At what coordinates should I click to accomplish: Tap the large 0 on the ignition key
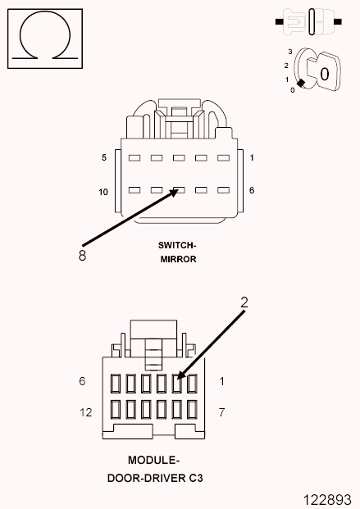point(324,74)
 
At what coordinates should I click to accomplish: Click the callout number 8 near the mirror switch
point(82,256)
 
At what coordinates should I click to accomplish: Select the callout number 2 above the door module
point(244,302)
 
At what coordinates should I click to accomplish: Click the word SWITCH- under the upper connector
point(177,245)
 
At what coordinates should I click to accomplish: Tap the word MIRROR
point(179,259)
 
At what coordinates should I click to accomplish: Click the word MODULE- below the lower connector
point(153,461)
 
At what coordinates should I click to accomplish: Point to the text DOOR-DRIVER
point(147,478)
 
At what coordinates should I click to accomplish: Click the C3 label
point(196,478)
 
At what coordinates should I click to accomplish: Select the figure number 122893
point(327,500)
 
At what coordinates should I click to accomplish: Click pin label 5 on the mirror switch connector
point(104,157)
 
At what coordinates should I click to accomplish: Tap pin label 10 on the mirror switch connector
point(103,192)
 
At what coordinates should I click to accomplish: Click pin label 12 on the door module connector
point(86,412)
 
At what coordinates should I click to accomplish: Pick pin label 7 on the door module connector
point(221,412)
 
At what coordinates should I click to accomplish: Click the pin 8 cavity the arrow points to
point(179,190)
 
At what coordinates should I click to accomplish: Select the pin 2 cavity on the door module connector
point(176,384)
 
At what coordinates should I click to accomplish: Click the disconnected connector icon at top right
point(308,22)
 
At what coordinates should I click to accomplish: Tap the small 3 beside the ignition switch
point(290,52)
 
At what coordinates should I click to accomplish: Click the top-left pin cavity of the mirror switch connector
point(134,158)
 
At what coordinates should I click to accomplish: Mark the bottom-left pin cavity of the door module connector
point(116,409)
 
